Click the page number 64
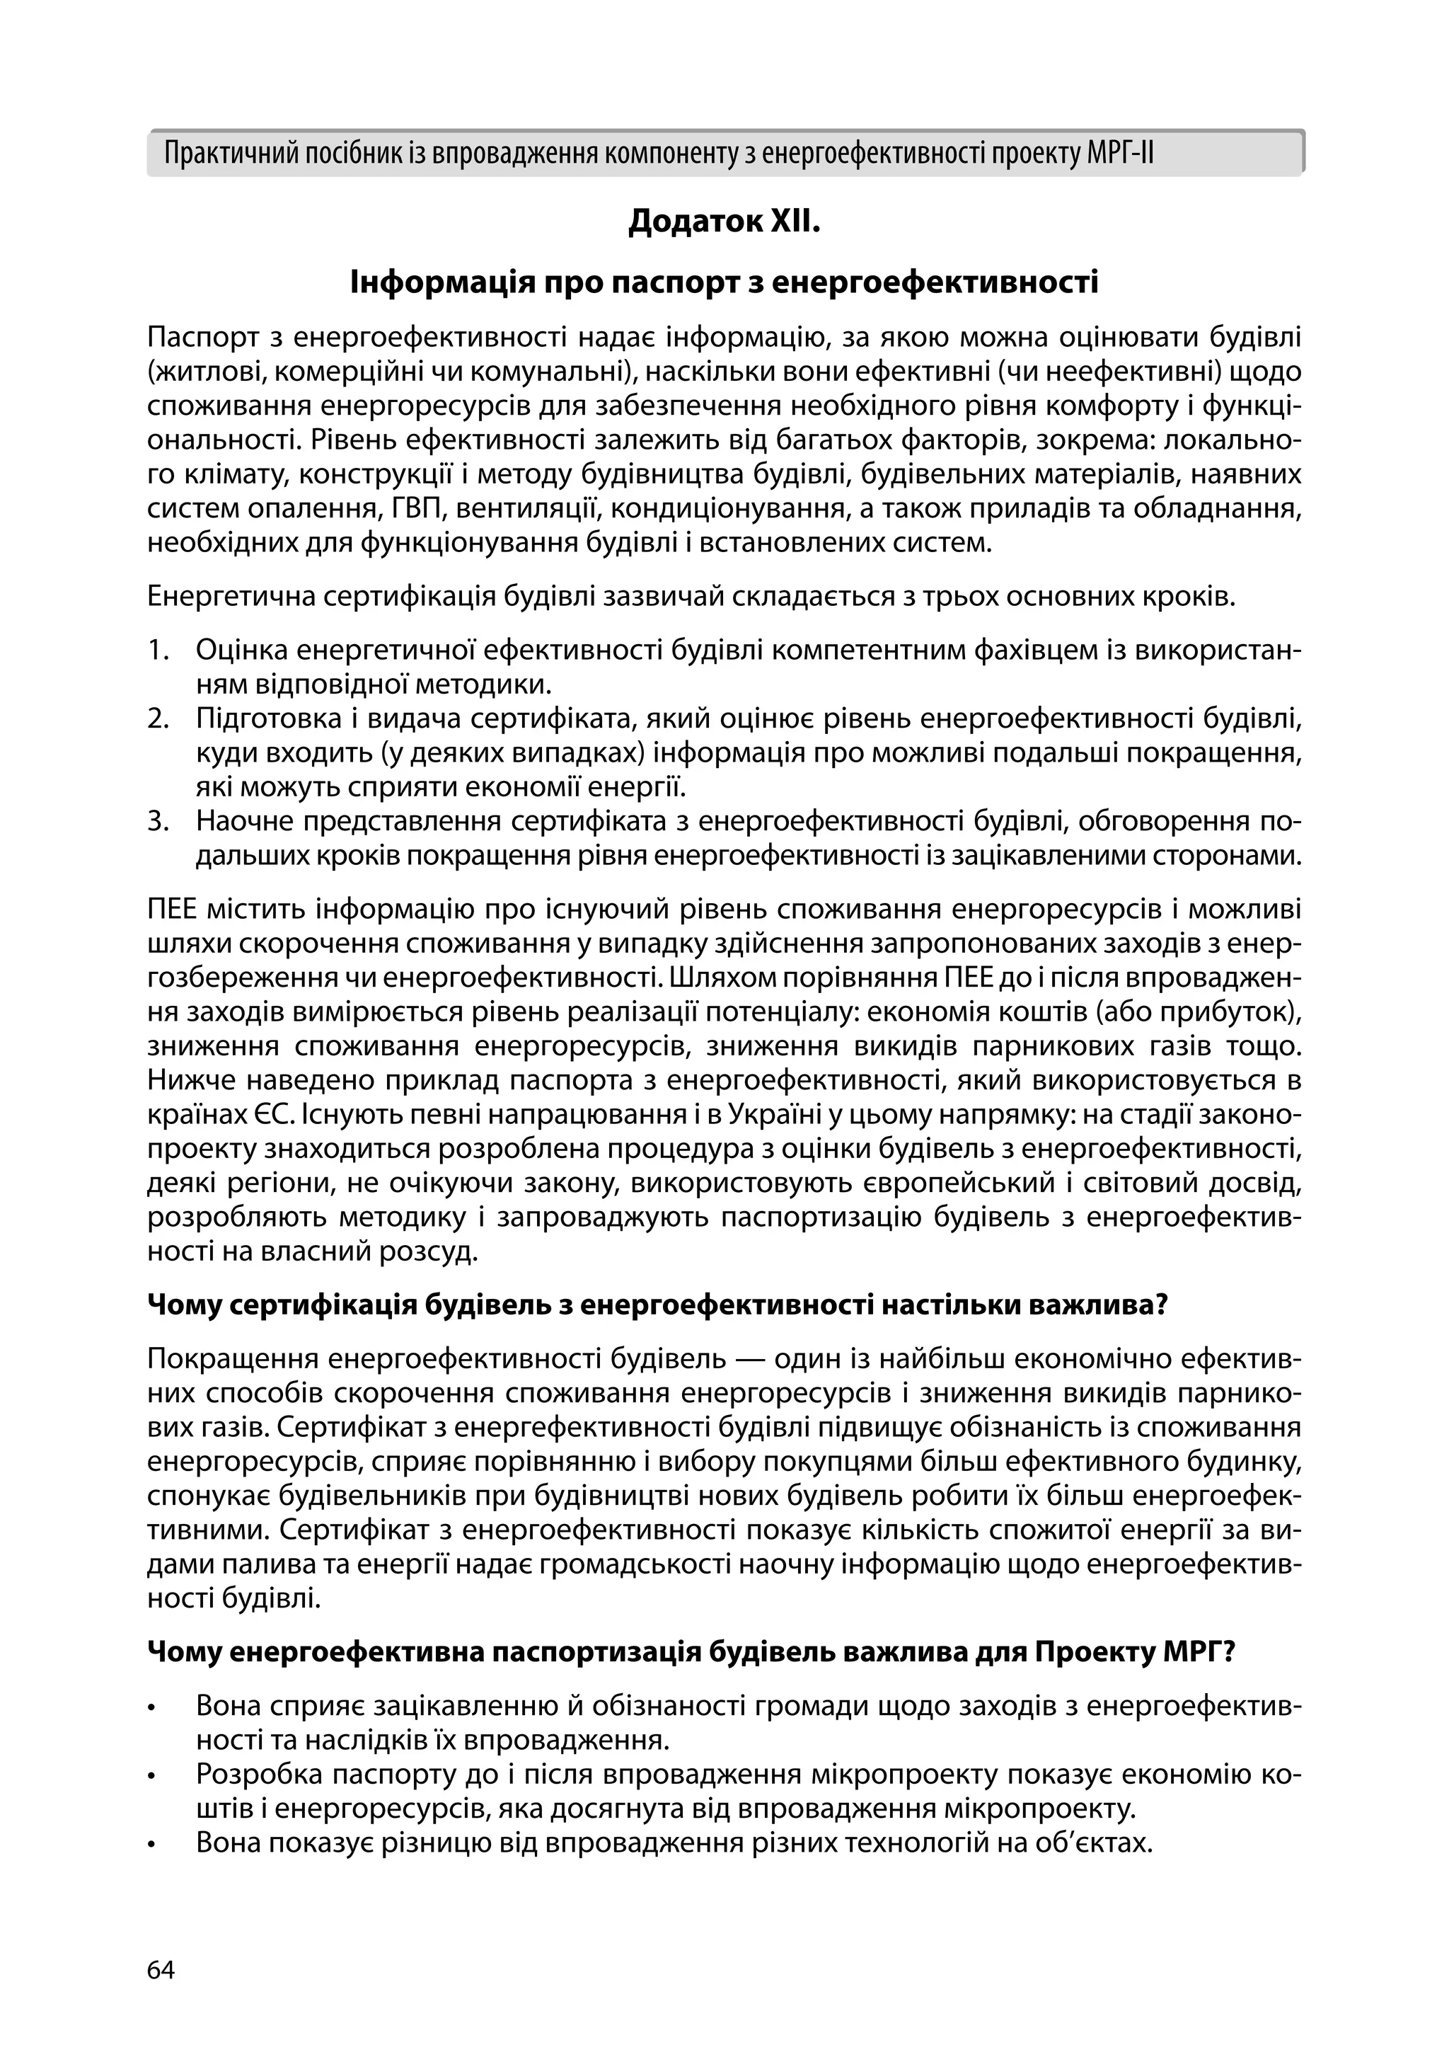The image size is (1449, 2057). pyautogui.click(x=161, y=1970)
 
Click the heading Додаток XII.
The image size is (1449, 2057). pyautogui.click(x=724, y=220)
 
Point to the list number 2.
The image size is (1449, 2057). pyautogui.click(x=158, y=718)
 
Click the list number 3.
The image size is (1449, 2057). pyautogui.click(x=158, y=820)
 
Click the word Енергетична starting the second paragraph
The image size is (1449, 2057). pyautogui.click(x=229, y=597)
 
